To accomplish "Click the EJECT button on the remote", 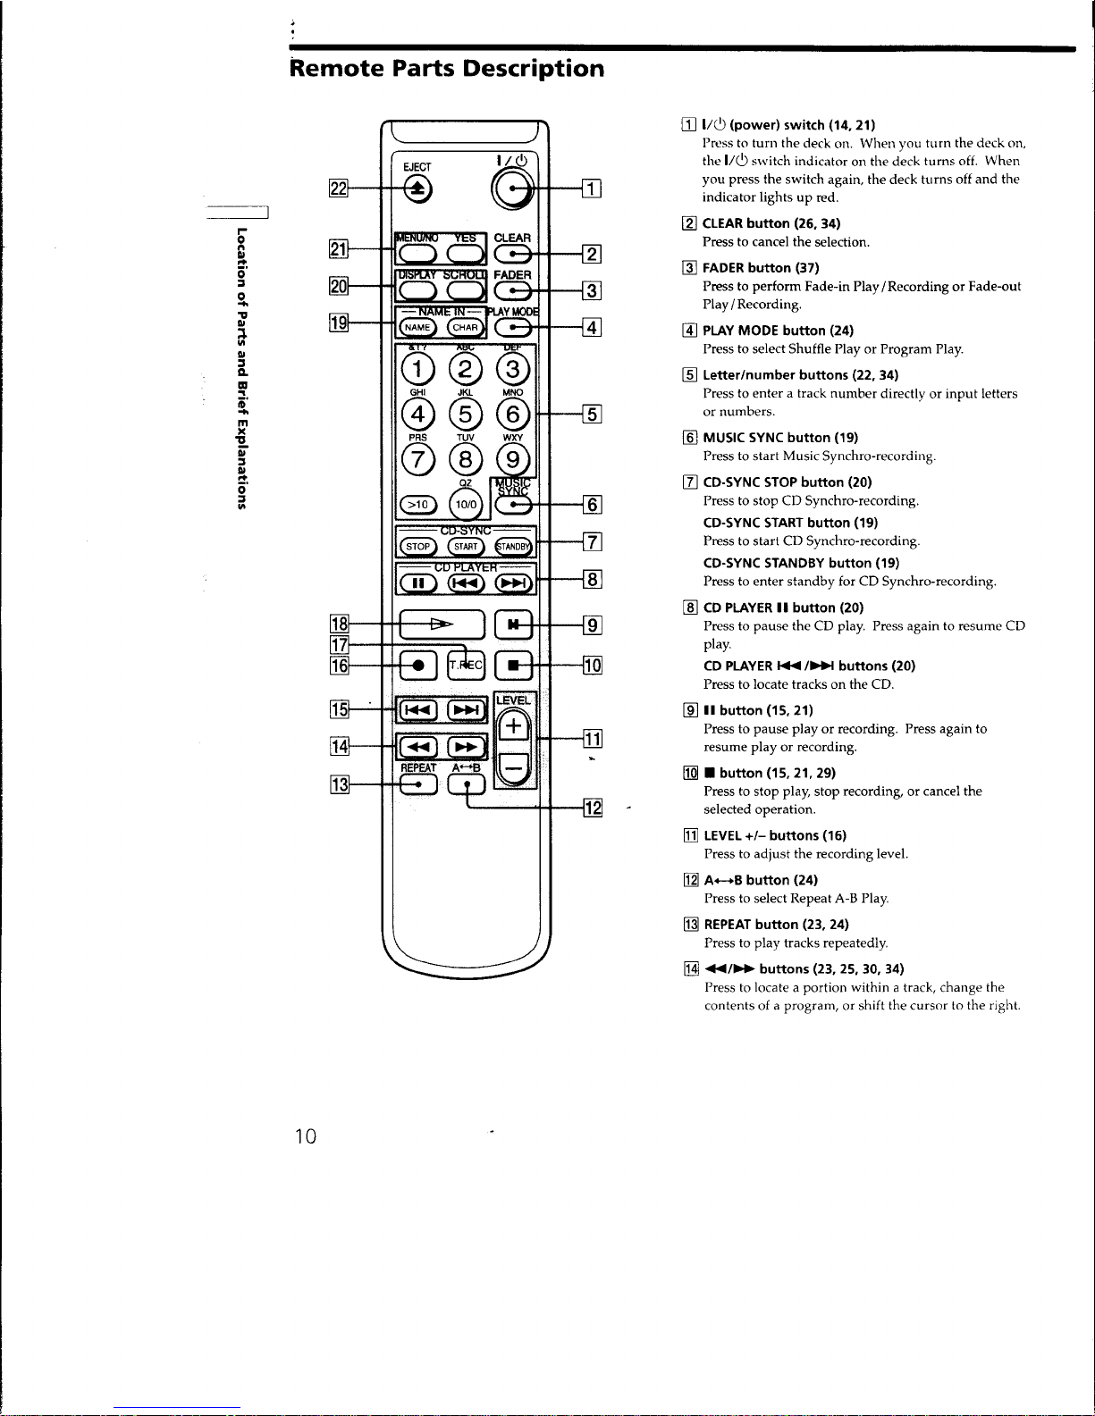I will (417, 188).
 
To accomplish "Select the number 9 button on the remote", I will (512, 460).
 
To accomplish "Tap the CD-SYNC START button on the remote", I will (465, 547).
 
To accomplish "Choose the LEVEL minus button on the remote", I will (514, 766).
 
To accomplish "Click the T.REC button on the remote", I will (466, 665).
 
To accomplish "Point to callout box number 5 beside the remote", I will (592, 414).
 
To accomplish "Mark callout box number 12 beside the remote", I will (592, 809).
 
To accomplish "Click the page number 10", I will (306, 1136).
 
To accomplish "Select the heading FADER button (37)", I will (761, 268).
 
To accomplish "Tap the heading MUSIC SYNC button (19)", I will (780, 438).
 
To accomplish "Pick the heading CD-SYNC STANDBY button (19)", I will (799, 563).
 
